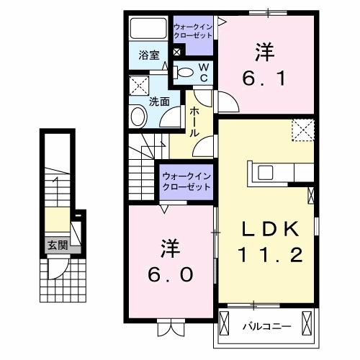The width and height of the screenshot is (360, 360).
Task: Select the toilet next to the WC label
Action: (185, 72)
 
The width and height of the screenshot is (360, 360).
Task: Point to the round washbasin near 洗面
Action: (137, 117)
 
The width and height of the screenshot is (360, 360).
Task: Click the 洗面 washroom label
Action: (160, 102)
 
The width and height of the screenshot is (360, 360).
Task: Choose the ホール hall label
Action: (194, 122)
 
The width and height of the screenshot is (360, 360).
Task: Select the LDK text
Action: (269, 230)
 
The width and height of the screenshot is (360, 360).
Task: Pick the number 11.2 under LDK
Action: (269, 254)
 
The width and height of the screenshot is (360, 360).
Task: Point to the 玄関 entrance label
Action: (58, 246)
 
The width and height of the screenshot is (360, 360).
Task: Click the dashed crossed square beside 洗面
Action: (139, 87)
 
